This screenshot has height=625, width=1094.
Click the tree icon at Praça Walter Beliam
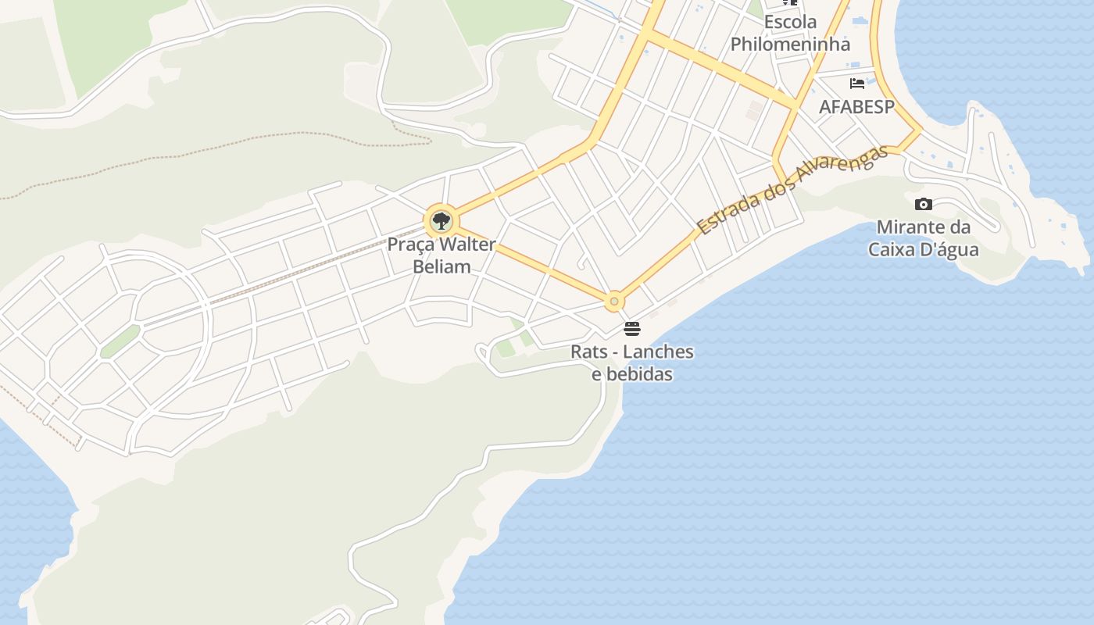click(442, 221)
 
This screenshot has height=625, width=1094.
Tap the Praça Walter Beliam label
click(442, 255)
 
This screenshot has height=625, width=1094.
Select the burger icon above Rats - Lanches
click(632, 329)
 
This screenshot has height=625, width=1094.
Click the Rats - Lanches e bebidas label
click(632, 362)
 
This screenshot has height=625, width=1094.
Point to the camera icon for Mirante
click(924, 205)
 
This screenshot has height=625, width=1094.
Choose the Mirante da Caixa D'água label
click(924, 238)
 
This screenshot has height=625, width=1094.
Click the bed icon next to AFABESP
click(857, 83)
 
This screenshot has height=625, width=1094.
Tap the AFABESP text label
click(856, 106)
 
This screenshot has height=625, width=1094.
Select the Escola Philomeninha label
click(790, 33)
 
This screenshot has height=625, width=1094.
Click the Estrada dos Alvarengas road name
click(792, 190)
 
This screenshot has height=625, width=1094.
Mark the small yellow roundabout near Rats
click(615, 301)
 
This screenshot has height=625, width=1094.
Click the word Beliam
click(442, 266)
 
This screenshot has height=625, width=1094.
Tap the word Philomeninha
click(790, 44)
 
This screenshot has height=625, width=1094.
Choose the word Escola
click(790, 22)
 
